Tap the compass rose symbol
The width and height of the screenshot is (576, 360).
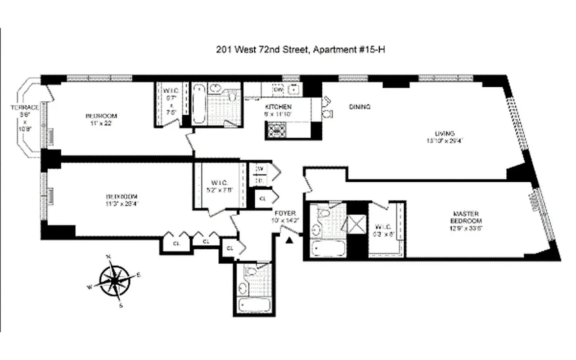coord(115,281)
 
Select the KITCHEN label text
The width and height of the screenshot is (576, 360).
coord(278,107)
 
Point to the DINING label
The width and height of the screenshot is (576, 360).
coord(360,107)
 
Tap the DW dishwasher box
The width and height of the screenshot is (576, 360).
coord(279,90)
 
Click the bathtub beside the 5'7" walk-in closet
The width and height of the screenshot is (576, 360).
coord(198,104)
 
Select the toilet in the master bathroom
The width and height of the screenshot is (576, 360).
coord(323,213)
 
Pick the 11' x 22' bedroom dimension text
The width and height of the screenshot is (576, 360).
coord(98,123)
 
